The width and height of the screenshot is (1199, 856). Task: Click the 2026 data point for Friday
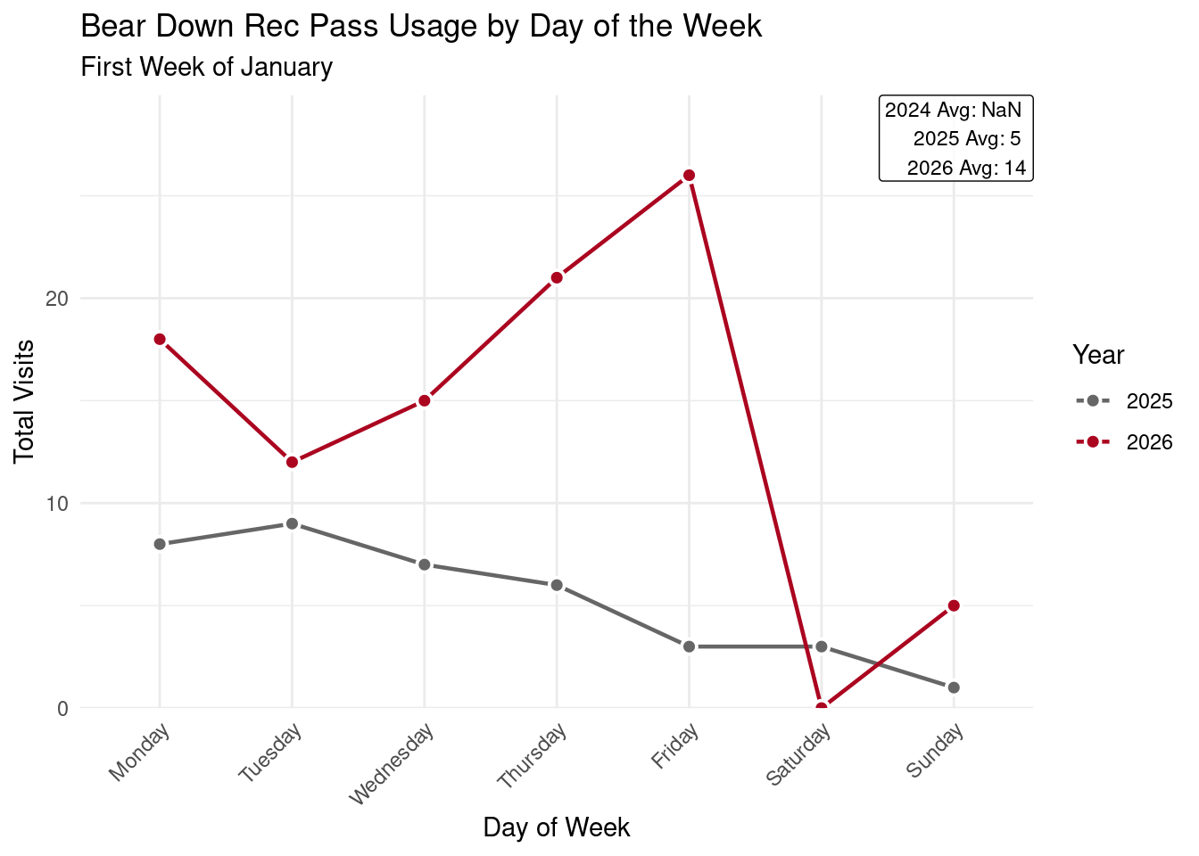(x=689, y=176)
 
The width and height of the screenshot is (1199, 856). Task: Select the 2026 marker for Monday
(x=160, y=339)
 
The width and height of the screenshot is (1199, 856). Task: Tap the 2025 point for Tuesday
(x=292, y=523)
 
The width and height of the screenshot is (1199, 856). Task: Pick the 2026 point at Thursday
(x=557, y=277)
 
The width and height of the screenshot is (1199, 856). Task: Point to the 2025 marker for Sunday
(x=954, y=687)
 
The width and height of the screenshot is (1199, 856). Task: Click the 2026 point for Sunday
(x=954, y=605)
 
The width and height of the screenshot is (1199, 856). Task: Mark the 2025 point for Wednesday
(x=425, y=564)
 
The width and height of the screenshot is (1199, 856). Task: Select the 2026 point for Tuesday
(x=292, y=462)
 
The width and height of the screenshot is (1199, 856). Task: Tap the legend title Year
(x=1098, y=355)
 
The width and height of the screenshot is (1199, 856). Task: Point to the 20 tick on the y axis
(x=56, y=299)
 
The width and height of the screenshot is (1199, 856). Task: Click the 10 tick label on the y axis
(x=56, y=504)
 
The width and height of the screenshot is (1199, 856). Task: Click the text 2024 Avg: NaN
(x=953, y=111)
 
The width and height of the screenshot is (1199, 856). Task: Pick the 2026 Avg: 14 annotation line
(x=966, y=168)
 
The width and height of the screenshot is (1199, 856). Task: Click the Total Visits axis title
(x=25, y=401)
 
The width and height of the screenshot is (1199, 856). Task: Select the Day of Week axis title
(x=557, y=827)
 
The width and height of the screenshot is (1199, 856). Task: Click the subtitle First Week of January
(x=206, y=67)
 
